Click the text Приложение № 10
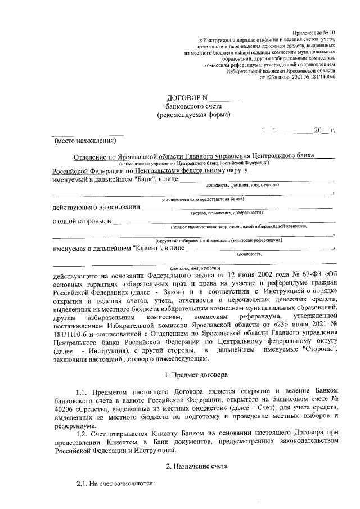point(314,33)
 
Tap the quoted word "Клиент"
point(149,248)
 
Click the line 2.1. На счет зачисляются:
point(115,484)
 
